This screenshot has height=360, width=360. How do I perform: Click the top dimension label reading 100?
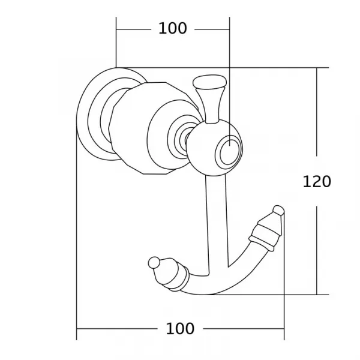[x=173, y=28]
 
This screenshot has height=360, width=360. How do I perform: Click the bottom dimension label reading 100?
[x=180, y=329]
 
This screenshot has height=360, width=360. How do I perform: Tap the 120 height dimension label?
[x=317, y=182]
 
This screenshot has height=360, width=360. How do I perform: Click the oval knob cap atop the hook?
[x=209, y=82]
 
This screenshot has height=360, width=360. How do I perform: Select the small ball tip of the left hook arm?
[x=154, y=263]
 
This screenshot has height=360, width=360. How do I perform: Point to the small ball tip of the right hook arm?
[x=278, y=211]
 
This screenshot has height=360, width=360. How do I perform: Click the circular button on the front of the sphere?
[x=229, y=152]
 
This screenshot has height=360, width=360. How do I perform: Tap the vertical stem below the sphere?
[x=217, y=225]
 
